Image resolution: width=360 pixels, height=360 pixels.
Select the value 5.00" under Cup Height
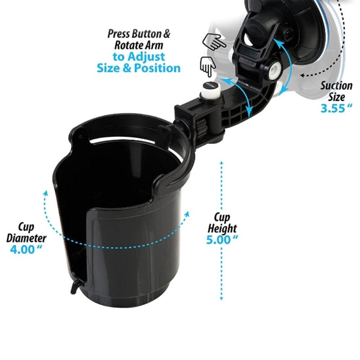222,239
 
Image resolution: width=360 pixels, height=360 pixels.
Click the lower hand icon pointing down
207,68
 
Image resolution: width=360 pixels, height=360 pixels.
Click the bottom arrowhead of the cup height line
221,300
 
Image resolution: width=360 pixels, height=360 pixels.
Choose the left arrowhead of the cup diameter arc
45,193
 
